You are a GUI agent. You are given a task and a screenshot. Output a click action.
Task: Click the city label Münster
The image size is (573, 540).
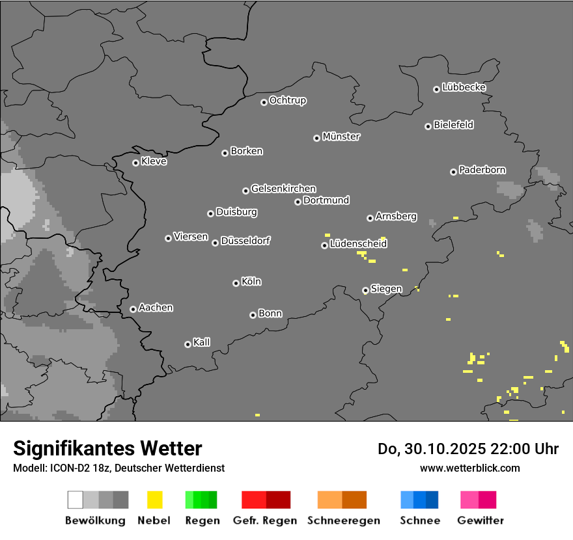pos(341,137)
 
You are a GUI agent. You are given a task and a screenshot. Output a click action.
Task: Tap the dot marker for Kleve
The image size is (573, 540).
pos(135,163)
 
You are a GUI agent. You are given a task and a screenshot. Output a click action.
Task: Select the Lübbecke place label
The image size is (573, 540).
pos(464,87)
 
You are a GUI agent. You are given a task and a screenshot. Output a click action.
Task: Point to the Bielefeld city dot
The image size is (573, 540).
pos(428,126)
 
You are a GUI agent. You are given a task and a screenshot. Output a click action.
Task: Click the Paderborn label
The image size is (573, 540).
pos(482,170)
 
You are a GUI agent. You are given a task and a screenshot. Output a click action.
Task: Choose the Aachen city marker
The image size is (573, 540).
pos(133,309)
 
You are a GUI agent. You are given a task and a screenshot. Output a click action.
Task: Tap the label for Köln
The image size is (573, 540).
pos(251,282)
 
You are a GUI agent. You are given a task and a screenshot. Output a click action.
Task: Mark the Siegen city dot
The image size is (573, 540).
pos(365,290)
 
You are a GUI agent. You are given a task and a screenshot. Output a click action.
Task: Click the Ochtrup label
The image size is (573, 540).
pos(288,100)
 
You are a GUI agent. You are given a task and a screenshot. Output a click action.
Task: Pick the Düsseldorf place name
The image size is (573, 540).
pos(245,241)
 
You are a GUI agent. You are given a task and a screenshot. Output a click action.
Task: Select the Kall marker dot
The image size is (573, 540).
pos(188,344)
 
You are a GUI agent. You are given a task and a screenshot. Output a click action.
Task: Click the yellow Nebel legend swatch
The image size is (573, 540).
pos(154,500)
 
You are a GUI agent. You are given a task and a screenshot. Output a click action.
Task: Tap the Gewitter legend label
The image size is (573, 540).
pos(481,520)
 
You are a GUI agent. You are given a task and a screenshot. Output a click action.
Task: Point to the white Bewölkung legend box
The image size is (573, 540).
pos(75,500)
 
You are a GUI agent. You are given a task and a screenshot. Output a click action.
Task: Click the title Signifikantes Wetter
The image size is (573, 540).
pos(107,448)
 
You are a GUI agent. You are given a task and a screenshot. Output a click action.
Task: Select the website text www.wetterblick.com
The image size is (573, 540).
pos(469,468)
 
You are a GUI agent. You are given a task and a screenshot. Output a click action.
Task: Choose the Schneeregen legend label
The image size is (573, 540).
pos(344,520)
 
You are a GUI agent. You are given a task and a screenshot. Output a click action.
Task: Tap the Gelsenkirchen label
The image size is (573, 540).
pos(283,189)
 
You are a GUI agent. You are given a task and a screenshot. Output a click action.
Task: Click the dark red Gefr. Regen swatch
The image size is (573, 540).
pos(278,500)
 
